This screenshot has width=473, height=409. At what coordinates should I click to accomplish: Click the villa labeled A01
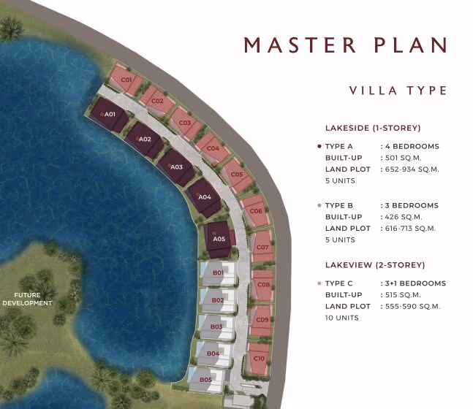109,115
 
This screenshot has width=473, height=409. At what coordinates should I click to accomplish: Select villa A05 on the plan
219,240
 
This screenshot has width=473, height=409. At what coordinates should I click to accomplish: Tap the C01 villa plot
125,80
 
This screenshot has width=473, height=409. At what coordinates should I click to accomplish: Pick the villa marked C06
255,211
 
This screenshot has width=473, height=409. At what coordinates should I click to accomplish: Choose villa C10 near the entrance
258,359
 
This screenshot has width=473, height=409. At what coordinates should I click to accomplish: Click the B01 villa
219,273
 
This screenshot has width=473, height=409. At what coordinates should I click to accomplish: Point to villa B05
206,380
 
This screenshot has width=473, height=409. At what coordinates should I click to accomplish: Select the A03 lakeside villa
176,167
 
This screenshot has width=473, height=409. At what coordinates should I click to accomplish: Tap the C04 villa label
213,148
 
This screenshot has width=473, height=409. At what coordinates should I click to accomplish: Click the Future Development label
27,299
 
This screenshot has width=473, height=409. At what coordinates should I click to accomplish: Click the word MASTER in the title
300,45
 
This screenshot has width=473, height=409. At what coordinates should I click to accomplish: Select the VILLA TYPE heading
398,91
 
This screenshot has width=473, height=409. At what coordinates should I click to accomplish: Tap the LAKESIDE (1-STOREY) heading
373,128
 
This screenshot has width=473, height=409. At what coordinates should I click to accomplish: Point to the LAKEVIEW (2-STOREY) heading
375,265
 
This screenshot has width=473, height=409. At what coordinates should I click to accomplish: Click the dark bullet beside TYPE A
319,147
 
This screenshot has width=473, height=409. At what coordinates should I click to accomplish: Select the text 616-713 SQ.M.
410,229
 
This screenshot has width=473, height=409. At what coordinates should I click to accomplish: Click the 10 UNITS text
342,318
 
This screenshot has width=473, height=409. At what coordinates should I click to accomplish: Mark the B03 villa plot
216,327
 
